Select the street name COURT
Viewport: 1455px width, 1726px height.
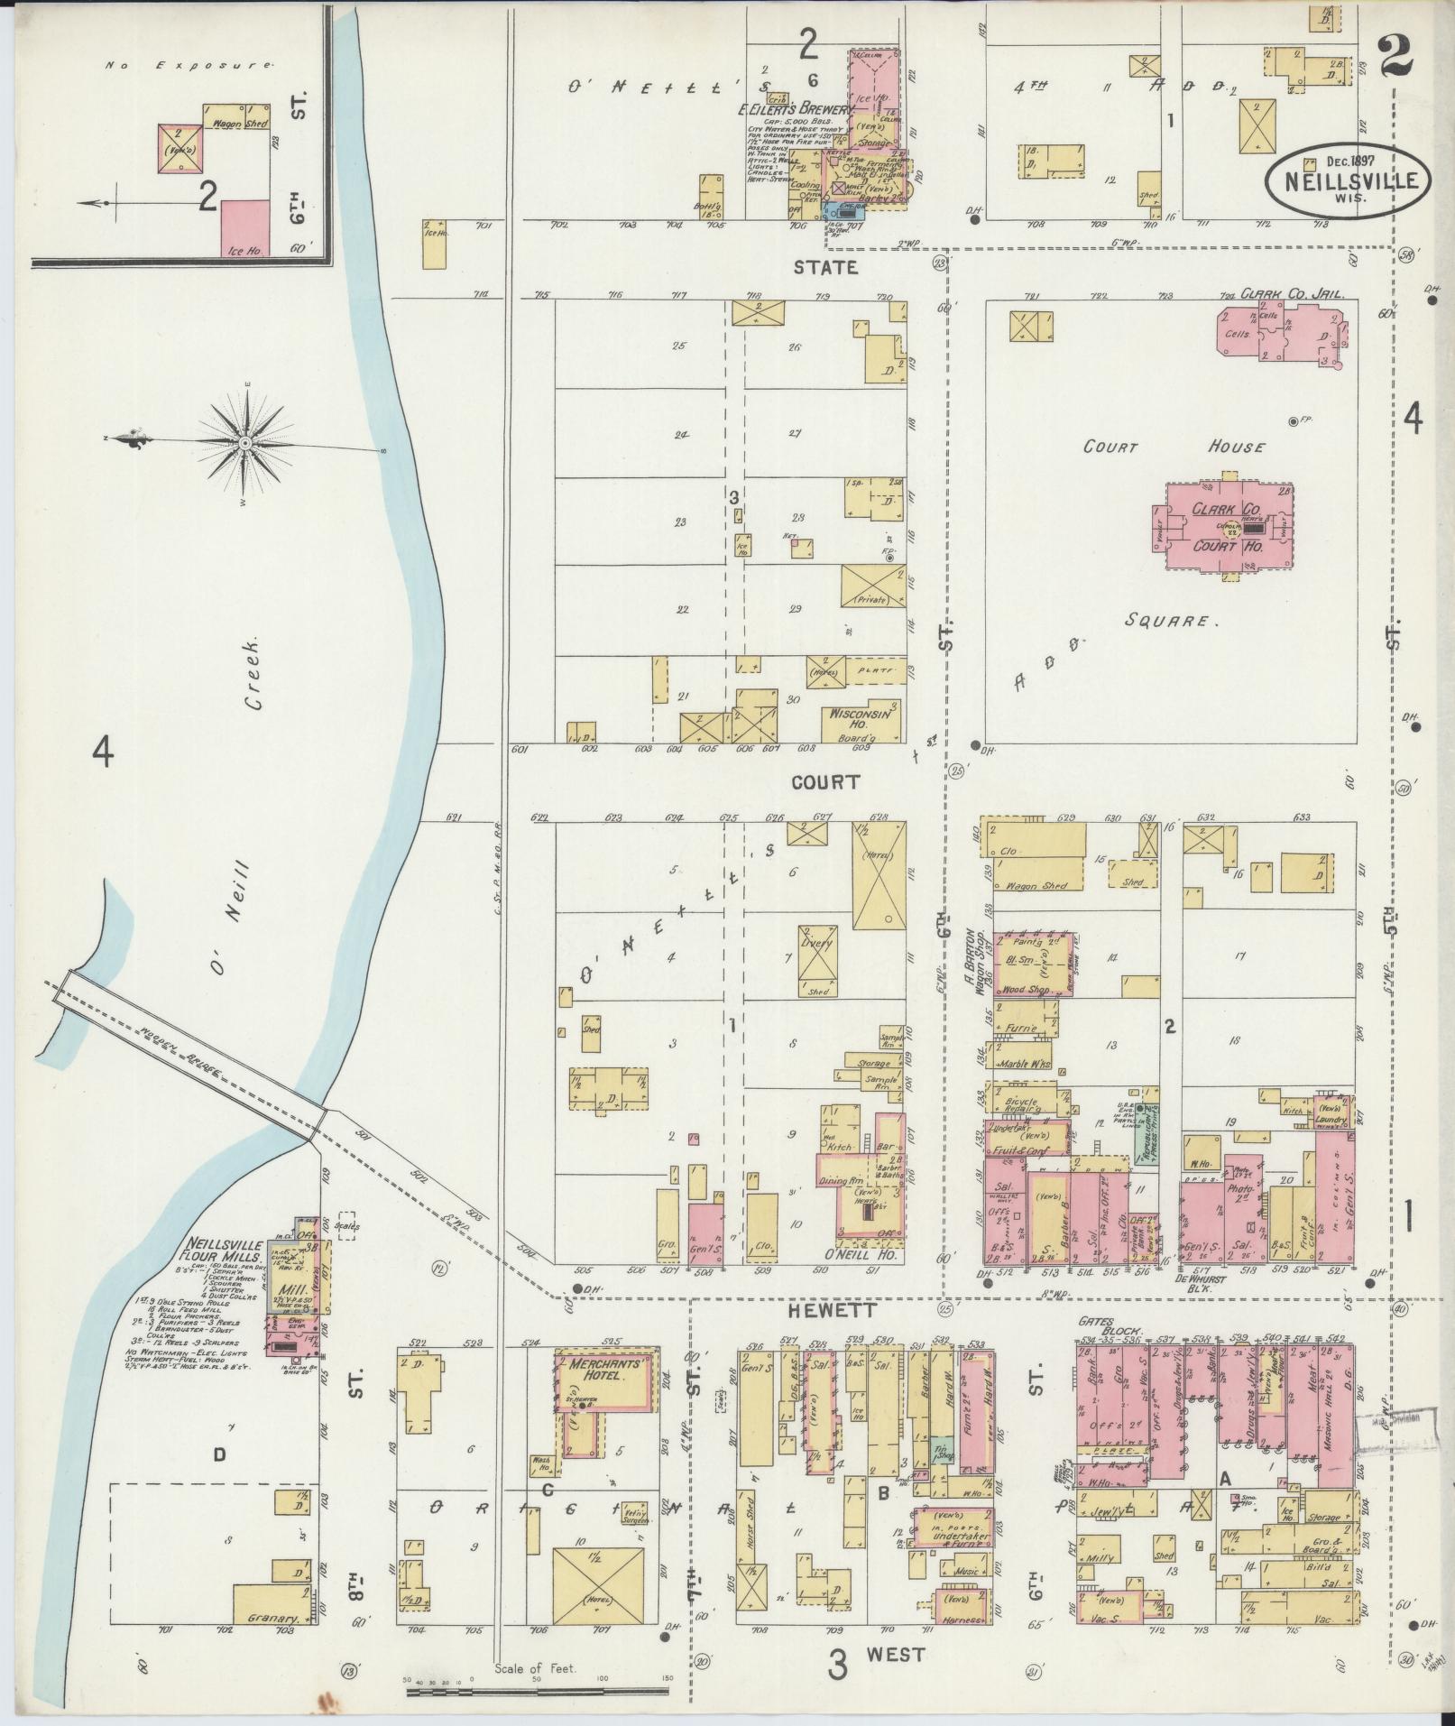tap(825, 782)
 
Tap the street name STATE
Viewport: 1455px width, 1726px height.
tap(824, 267)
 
